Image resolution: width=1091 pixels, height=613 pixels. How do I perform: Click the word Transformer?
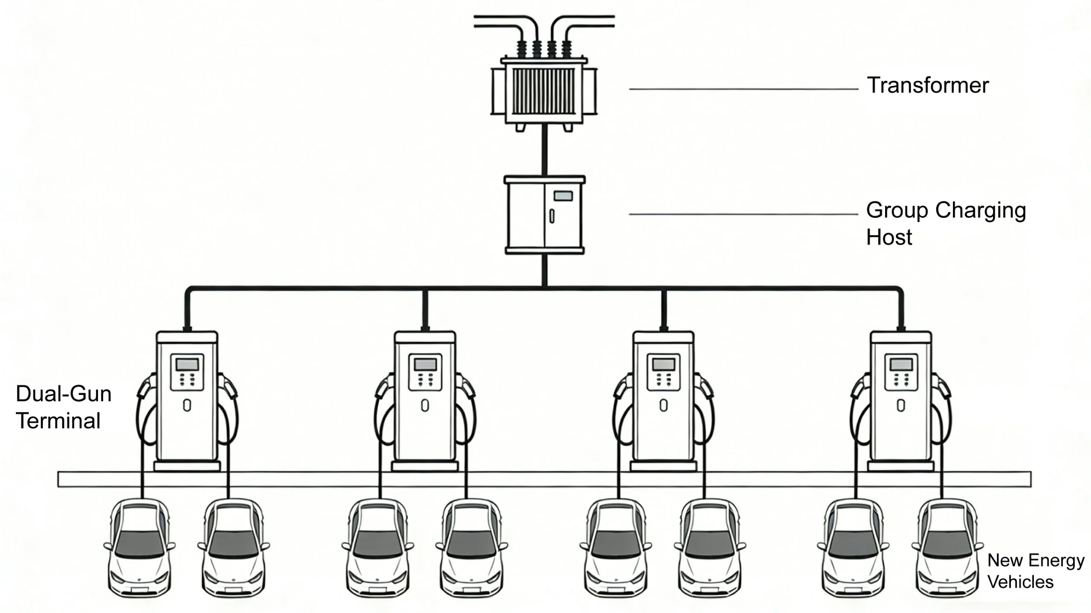point(927,85)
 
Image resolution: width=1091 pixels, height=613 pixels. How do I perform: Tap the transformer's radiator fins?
point(544,92)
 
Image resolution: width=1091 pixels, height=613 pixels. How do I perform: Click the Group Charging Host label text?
point(945,223)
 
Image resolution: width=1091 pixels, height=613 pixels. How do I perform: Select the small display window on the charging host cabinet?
point(563,196)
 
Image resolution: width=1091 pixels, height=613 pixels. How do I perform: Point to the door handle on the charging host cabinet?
point(552,216)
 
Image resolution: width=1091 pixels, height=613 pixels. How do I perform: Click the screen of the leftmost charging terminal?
point(187,365)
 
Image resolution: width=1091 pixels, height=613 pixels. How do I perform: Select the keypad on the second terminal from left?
point(425,380)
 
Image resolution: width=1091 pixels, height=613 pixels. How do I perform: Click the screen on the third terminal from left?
point(664,365)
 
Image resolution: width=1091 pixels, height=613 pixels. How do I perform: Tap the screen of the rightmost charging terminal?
point(901,365)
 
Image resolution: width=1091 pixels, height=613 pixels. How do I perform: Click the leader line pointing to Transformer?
point(743,89)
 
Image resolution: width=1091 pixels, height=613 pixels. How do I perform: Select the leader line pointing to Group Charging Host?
point(743,214)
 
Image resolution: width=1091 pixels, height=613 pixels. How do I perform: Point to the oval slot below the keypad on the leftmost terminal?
point(187,405)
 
